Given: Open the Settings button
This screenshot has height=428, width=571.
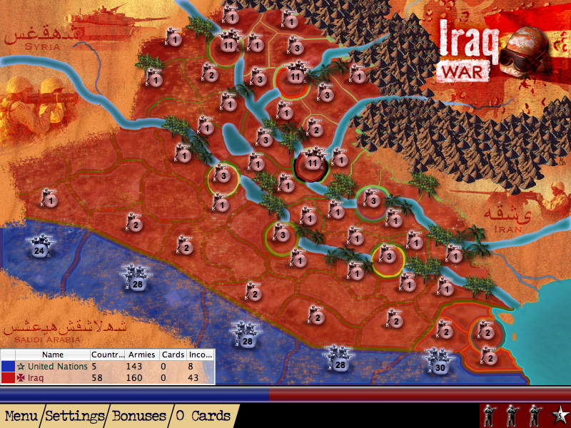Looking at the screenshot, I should [75, 415].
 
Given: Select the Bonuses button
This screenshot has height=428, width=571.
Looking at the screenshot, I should [138, 415].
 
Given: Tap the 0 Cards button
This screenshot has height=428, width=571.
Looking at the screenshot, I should [203, 415].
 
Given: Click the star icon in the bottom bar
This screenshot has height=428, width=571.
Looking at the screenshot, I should [561, 414].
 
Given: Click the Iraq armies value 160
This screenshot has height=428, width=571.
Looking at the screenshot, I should [138, 377].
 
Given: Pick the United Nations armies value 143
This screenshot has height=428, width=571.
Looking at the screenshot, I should [138, 366].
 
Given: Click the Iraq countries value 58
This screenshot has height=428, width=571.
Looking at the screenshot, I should [100, 377].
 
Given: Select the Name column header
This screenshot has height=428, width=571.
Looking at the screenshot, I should [53, 355].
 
